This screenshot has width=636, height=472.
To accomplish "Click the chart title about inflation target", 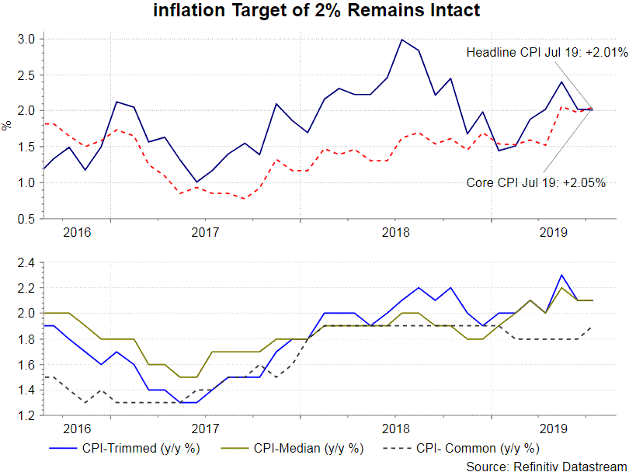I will [318, 11].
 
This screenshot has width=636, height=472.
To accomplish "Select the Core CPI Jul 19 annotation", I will [535, 183].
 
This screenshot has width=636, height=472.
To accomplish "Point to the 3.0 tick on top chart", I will [25, 39].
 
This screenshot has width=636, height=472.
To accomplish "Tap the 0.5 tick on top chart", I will [25, 219].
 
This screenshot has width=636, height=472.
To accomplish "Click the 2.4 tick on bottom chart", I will [25, 262].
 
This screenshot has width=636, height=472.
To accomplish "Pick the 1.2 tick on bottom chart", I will [25, 415].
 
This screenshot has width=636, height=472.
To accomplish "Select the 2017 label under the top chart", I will [204, 232].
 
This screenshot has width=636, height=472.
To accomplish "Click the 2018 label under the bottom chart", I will [396, 429].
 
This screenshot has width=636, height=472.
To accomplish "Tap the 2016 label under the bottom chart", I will [75, 429].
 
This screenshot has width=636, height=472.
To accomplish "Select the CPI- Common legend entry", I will [477, 448].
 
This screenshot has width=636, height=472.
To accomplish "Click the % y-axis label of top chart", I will [7, 125].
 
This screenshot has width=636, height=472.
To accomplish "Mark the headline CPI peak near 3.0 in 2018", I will [401, 40].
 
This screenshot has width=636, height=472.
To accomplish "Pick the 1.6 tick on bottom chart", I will [25, 364].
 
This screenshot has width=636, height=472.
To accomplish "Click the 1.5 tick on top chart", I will [25, 147].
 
